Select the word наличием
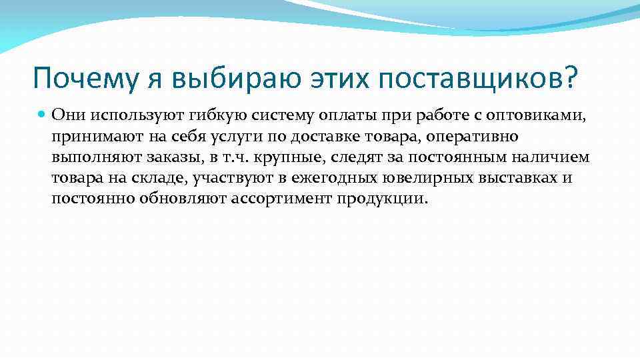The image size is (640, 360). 547,157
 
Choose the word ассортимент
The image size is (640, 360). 282,200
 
